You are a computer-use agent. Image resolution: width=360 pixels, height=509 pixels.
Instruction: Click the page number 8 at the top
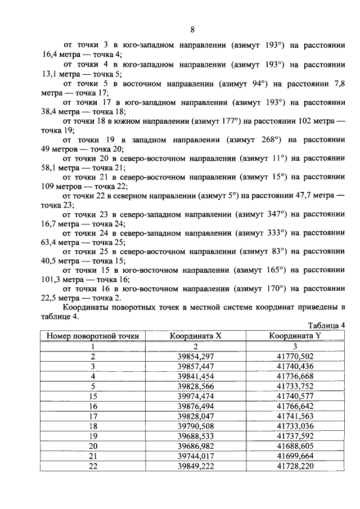[192, 30]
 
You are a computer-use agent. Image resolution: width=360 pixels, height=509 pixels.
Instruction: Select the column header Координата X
[196, 336]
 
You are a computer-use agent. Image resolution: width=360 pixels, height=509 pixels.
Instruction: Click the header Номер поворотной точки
[93, 336]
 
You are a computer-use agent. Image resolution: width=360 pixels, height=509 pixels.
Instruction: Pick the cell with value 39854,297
[196, 356]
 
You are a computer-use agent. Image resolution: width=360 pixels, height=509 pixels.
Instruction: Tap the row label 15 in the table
[93, 397]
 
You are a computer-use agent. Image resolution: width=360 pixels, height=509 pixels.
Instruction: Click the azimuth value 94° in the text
[258, 84]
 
